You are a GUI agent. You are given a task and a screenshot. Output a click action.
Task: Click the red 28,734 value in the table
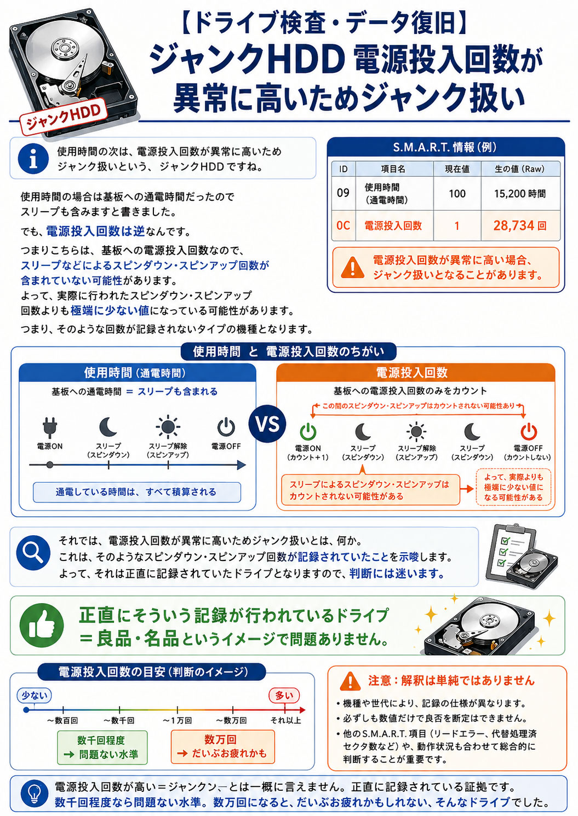tap(514, 225)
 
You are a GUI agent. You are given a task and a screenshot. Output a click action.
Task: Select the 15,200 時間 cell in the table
tap(520, 193)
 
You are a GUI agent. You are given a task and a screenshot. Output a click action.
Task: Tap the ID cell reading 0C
tap(343, 225)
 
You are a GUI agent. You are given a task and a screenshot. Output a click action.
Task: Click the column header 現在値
tap(457, 169)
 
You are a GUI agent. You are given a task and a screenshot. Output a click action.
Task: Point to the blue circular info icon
tap(33, 159)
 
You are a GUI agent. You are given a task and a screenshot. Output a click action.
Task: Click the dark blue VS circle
tap(267, 424)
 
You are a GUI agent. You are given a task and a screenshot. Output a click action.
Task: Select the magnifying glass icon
tap(33, 553)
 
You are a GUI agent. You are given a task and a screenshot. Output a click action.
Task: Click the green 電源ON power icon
tap(308, 431)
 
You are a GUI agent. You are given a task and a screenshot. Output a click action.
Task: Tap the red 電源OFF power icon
tap(528, 431)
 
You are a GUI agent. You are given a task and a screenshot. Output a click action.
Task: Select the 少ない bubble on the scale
tap(35, 696)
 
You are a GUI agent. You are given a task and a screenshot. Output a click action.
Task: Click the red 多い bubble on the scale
tap(284, 696)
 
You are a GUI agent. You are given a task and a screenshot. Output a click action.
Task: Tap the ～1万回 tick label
tap(177, 720)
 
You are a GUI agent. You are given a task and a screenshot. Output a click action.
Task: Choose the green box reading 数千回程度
tap(102, 747)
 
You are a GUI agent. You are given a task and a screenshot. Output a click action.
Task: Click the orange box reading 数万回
tap(222, 747)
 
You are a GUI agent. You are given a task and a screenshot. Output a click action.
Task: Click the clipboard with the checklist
tap(511, 552)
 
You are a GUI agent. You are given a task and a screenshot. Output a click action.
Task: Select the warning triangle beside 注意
tap(350, 681)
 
